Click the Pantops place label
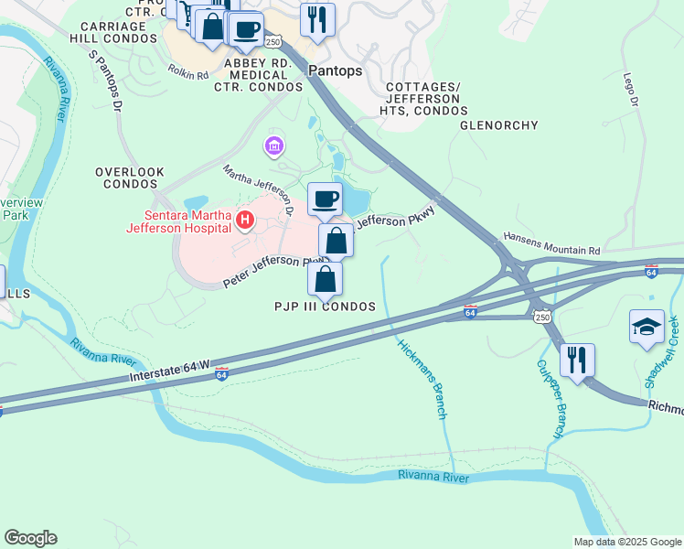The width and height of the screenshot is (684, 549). (x=336, y=70)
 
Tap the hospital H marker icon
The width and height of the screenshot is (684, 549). (x=244, y=220)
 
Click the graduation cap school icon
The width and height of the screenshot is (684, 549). (x=647, y=328)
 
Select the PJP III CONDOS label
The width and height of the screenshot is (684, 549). (x=326, y=307)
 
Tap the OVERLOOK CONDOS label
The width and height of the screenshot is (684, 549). (x=130, y=178)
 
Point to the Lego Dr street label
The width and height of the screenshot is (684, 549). (x=630, y=91)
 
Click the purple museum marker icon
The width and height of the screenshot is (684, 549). (x=273, y=145)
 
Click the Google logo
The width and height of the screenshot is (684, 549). (x=30, y=538)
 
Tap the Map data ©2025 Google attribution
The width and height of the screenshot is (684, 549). (x=626, y=542)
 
